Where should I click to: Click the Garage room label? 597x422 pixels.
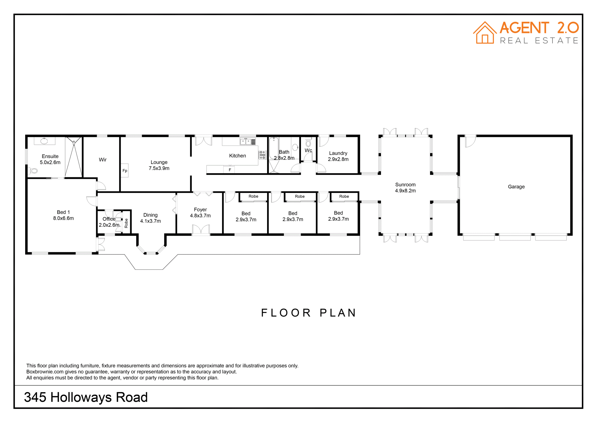pyautogui.click(x=516, y=187)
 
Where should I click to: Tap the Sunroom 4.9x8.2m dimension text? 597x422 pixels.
pyautogui.click(x=405, y=191)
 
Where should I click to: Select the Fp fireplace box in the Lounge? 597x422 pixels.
pyautogui.click(x=125, y=170)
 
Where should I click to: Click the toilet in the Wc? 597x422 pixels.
pyautogui.click(x=308, y=143)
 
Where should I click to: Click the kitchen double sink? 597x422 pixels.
pyautogui.click(x=246, y=142)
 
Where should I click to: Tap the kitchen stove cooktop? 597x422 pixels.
pyautogui.click(x=262, y=155)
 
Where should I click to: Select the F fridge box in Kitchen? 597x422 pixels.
pyautogui.click(x=230, y=170)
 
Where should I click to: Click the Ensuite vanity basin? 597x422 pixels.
pyautogui.click(x=44, y=141)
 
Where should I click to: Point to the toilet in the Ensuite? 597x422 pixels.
pyautogui.click(x=33, y=171)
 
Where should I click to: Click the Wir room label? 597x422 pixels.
pyautogui.click(x=103, y=160)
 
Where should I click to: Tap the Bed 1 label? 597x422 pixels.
pyautogui.click(x=63, y=212)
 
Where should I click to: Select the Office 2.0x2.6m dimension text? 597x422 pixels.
pyautogui.click(x=109, y=225)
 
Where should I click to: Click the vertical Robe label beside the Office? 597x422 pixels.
pyautogui.click(x=126, y=223)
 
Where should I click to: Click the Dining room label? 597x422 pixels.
pyautogui.click(x=150, y=215)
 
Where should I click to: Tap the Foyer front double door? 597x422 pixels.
pyautogui.click(x=201, y=230)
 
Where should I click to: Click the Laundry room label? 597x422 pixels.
pyautogui.click(x=338, y=153)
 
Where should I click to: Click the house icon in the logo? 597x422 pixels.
pyautogui.click(x=485, y=33)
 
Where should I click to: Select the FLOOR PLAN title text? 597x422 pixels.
pyautogui.click(x=308, y=313)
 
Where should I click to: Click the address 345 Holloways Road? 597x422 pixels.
pyautogui.click(x=86, y=397)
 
